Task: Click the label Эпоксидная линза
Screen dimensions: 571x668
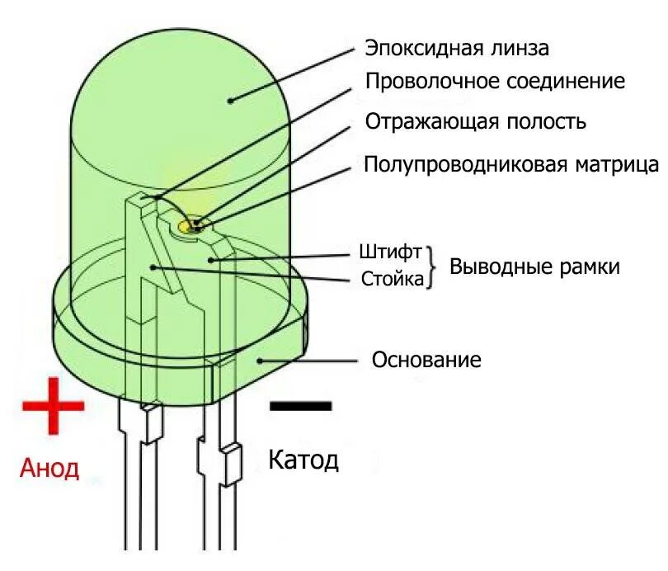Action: [x=457, y=47]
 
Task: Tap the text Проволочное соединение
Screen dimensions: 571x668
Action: [x=495, y=82]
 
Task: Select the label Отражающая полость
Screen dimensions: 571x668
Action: [x=476, y=122]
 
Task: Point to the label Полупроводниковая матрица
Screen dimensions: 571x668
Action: [x=511, y=163]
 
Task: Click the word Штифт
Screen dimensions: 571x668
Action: [x=391, y=251]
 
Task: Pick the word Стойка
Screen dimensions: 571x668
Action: [x=393, y=279]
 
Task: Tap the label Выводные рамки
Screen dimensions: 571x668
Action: [x=534, y=267]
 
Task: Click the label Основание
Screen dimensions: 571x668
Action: [x=426, y=361]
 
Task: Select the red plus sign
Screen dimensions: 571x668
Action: [x=54, y=405]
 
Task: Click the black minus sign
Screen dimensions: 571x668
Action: [x=300, y=405]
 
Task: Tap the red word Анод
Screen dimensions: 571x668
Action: [x=49, y=469]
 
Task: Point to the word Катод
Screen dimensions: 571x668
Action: [x=303, y=460]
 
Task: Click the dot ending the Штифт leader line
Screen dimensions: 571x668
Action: [x=211, y=259]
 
